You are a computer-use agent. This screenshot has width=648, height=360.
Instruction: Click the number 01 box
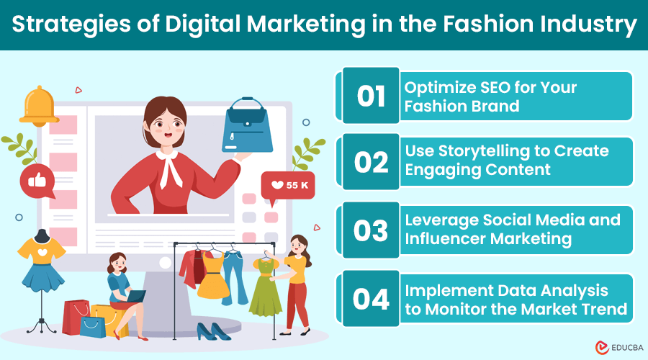tap(371, 96)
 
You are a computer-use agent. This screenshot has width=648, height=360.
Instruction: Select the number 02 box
tap(371, 163)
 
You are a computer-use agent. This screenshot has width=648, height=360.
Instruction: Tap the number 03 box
tap(371, 231)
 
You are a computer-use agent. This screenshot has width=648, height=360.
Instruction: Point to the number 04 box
tap(371, 299)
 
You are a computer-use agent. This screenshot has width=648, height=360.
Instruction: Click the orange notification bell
tap(40, 106)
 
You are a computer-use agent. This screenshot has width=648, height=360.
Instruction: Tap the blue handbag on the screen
tap(248, 128)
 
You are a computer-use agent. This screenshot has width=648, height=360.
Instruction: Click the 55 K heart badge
tap(287, 185)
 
